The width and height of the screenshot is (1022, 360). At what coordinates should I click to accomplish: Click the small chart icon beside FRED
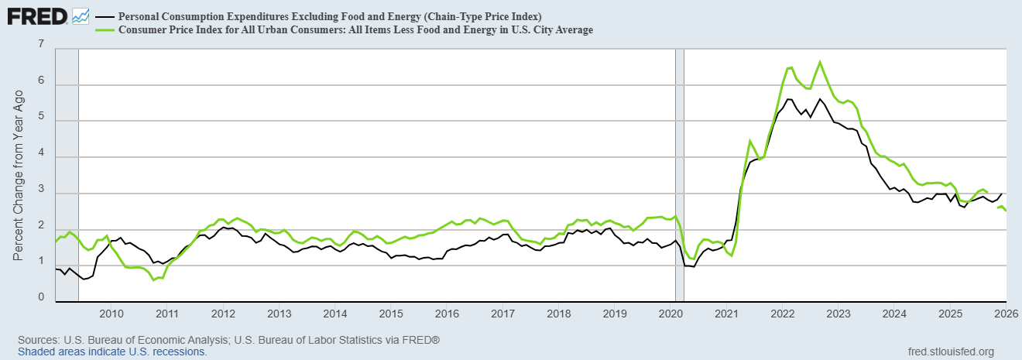coord(81,15)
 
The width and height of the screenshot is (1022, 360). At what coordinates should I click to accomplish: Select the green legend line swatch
coord(103,30)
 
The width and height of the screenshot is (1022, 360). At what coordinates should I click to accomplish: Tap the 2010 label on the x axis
coord(111,314)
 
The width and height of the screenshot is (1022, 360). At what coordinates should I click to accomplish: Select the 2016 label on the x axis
coord(447,314)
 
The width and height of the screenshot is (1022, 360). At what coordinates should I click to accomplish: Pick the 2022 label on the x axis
coord(782,314)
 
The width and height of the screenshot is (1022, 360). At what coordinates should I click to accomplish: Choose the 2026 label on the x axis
coord(1005,314)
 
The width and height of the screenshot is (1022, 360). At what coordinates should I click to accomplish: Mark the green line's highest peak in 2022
coord(820,62)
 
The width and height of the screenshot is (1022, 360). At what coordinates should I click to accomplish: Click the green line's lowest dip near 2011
coord(153,279)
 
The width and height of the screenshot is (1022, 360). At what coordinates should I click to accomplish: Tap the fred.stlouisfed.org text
coord(950,351)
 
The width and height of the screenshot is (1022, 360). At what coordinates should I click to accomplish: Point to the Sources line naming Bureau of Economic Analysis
coord(228,341)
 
